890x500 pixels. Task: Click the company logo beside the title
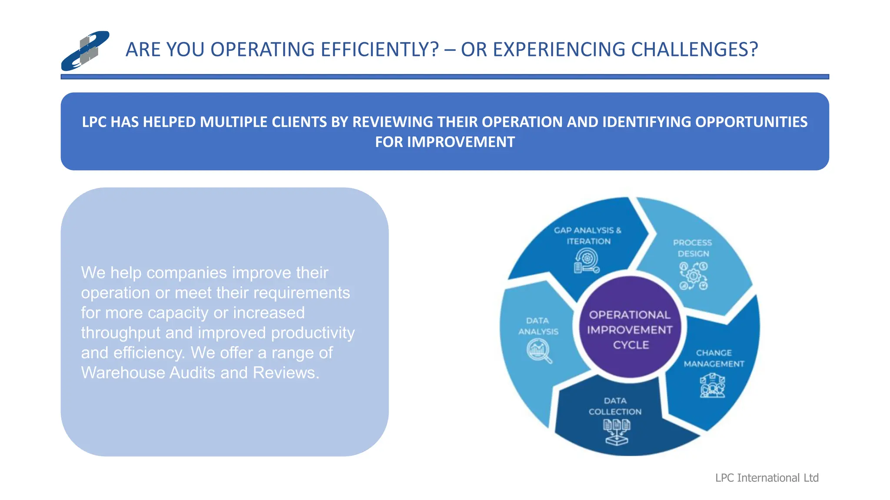click(85, 51)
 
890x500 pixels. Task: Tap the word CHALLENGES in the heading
click(694, 49)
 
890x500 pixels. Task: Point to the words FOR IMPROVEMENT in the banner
click(445, 142)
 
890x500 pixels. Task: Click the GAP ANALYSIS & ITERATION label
click(588, 236)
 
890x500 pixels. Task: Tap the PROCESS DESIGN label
click(693, 248)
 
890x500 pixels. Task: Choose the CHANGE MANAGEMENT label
click(714, 358)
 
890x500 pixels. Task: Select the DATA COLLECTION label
click(615, 406)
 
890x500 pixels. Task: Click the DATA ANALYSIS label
click(538, 326)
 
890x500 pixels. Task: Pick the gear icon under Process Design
click(694, 276)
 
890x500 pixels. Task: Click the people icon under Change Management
click(712, 386)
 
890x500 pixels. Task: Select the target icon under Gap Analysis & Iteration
click(587, 261)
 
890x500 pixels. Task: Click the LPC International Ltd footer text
click(767, 478)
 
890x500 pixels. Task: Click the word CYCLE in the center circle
click(631, 345)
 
